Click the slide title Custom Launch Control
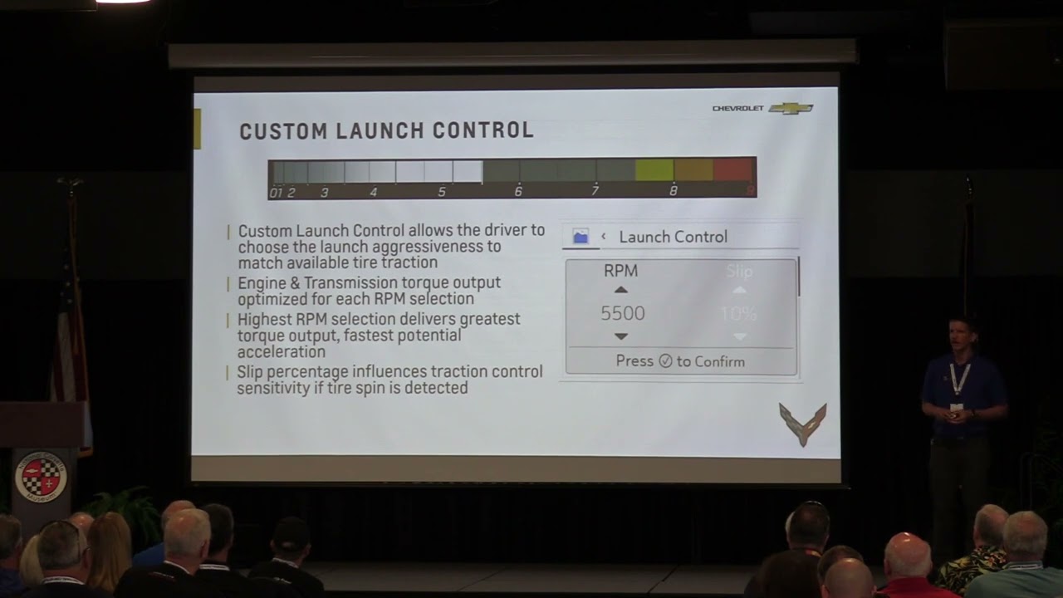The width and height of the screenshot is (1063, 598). click(x=386, y=131)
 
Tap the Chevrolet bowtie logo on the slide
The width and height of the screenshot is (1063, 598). click(x=791, y=108)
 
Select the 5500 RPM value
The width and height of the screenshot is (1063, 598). click(x=622, y=313)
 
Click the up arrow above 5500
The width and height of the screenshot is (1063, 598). click(x=620, y=290)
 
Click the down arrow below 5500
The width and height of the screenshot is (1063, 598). click(x=620, y=336)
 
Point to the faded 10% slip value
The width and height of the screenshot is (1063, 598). click(x=738, y=314)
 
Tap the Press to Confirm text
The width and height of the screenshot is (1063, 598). click(x=680, y=361)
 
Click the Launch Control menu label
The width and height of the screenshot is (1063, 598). click(x=673, y=237)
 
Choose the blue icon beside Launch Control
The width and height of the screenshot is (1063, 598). click(x=580, y=237)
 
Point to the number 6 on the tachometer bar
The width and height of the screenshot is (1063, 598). click(x=518, y=192)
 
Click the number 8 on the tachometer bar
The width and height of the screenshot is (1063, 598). click(x=673, y=191)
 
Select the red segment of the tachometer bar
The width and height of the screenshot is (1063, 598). click(x=732, y=170)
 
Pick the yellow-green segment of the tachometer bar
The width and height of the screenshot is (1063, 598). click(x=654, y=170)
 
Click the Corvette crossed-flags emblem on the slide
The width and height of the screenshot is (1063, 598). click(x=802, y=424)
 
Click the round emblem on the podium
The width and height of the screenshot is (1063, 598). click(x=41, y=476)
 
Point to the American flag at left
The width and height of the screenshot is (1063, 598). click(x=71, y=332)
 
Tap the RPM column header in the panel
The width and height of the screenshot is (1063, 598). click(x=620, y=271)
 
